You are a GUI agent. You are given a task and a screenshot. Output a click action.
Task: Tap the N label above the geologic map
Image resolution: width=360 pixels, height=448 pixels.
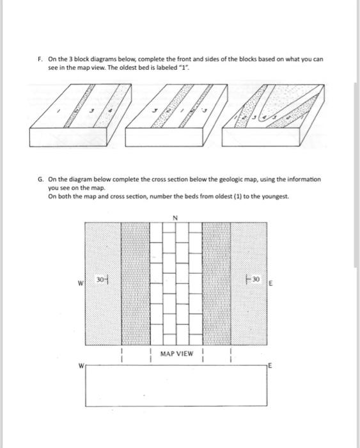pyautogui.click(x=174, y=216)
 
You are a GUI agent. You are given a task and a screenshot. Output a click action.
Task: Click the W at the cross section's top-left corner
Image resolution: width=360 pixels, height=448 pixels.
pyautogui.click(x=81, y=367)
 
